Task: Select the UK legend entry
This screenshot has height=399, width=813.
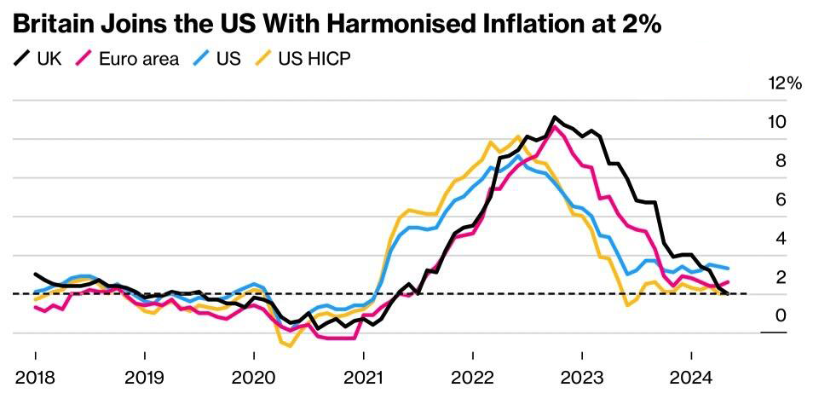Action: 37,59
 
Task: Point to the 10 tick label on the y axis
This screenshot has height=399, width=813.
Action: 777,123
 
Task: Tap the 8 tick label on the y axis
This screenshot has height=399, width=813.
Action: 781,161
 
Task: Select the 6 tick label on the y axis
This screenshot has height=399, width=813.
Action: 781,200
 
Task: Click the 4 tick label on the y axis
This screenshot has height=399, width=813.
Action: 781,240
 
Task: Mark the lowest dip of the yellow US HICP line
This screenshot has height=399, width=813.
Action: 291,346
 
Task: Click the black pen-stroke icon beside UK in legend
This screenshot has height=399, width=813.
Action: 21,59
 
